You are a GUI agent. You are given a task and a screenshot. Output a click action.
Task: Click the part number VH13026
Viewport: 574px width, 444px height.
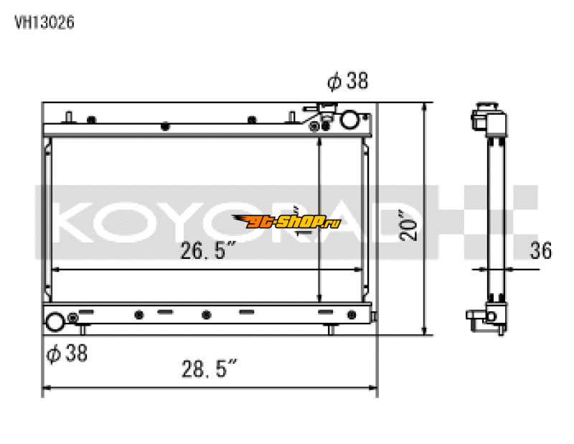click(x=45, y=22)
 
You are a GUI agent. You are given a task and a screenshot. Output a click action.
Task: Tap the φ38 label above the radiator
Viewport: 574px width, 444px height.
click(x=348, y=82)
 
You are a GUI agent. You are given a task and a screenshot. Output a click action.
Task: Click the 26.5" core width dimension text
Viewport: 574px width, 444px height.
click(x=208, y=251)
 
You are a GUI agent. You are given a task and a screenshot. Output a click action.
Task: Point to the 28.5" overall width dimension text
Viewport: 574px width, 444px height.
click(x=208, y=369)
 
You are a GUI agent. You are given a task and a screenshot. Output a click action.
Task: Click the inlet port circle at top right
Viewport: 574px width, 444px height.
click(x=349, y=120)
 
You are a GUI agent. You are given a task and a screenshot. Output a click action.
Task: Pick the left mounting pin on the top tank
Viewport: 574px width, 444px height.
click(x=68, y=117)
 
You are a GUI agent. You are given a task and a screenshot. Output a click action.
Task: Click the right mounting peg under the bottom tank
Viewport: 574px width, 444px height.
click(x=331, y=329)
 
